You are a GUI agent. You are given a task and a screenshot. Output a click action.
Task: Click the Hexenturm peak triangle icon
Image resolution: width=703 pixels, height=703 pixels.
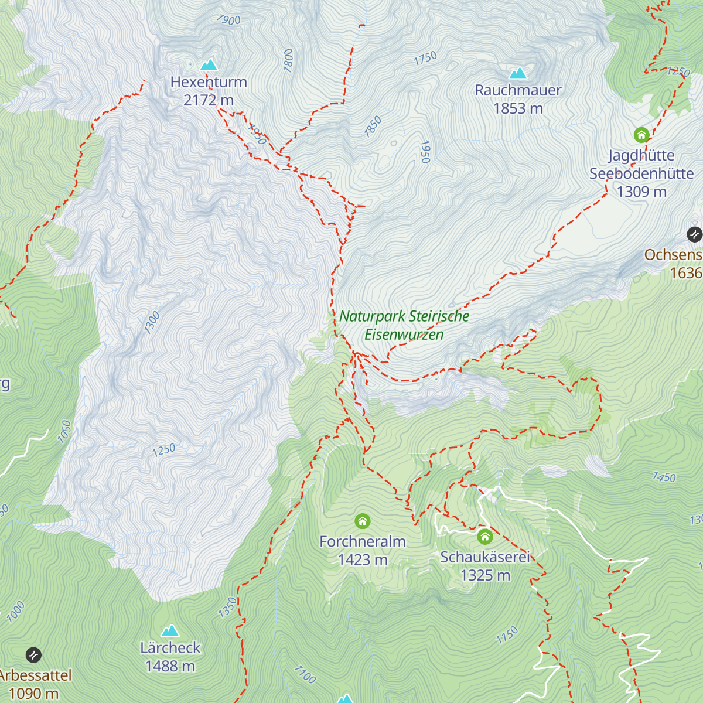(209, 64)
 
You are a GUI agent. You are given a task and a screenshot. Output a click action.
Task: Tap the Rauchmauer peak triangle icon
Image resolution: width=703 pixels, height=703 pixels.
(518, 73)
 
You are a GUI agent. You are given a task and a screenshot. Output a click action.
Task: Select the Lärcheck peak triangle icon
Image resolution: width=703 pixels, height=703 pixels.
(170, 630)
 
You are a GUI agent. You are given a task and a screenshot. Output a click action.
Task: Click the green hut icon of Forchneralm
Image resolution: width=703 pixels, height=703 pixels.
(363, 521)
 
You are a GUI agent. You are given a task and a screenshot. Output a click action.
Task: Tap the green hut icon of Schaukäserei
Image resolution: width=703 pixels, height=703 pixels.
(484, 536)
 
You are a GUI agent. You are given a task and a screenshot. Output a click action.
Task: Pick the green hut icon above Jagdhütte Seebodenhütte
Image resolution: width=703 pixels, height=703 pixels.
(641, 135)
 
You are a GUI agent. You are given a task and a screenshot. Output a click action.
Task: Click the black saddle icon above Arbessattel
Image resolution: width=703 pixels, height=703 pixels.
(33, 654)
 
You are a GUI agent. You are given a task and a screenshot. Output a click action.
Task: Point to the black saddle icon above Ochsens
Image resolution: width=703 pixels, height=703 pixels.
(694, 234)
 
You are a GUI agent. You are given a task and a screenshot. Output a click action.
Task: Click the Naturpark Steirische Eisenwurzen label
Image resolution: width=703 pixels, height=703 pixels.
(404, 325)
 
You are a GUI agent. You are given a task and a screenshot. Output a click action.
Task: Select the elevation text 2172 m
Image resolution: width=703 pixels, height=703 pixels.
(209, 100)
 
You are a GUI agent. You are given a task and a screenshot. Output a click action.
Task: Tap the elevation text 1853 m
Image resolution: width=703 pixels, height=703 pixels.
(518, 108)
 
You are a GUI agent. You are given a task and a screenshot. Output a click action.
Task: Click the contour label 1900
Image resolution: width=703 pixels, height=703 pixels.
(228, 20)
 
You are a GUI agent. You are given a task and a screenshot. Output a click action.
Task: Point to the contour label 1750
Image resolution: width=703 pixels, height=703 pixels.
(426, 58)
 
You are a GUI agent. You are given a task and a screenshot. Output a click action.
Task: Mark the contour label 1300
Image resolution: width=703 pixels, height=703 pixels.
(152, 323)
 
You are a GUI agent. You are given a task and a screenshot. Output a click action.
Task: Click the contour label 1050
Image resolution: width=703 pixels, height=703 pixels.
(64, 432)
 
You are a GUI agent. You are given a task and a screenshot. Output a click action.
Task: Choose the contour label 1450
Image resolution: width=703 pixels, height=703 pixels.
(664, 477)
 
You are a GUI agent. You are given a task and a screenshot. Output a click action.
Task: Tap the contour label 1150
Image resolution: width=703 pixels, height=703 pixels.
(507, 635)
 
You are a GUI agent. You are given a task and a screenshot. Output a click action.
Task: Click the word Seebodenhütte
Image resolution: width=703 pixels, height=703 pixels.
(641, 173)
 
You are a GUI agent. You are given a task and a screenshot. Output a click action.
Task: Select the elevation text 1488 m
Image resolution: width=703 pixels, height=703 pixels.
(170, 666)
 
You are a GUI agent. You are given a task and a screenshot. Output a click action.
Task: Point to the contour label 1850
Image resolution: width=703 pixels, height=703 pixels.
(373, 127)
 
